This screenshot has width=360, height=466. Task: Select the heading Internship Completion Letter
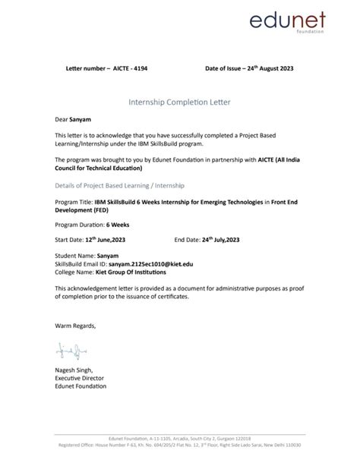point(180,101)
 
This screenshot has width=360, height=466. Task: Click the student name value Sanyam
point(109,256)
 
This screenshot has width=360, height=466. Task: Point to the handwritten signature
point(67,351)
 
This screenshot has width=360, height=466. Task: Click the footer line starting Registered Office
point(180,444)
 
